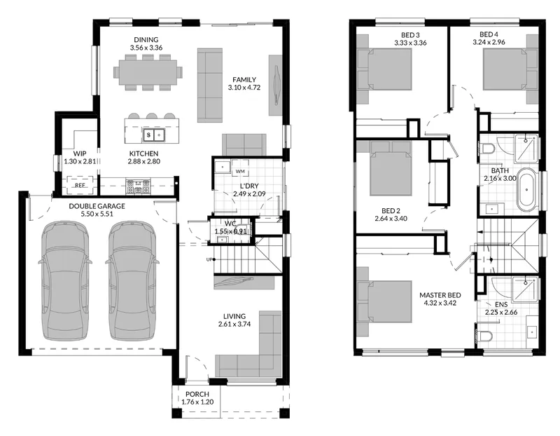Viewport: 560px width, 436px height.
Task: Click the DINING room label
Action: pyautogui.click(x=146, y=39)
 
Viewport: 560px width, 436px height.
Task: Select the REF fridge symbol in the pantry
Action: pyautogui.click(x=80, y=185)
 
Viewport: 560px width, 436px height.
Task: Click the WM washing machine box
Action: pyautogui.click(x=240, y=171)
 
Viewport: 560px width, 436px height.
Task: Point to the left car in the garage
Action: pyautogui.click(x=64, y=280)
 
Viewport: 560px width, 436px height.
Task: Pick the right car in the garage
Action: pyautogui.click(x=132, y=280)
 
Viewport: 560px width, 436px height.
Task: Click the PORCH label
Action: pyautogui.click(x=197, y=394)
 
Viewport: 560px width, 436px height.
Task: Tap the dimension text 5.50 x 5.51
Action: pyautogui.click(x=97, y=214)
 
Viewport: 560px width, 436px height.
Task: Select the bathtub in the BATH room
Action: pyautogui.click(x=528, y=189)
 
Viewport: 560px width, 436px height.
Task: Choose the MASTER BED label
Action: pyautogui.click(x=440, y=295)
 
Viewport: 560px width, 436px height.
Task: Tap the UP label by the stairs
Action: pyautogui.click(x=209, y=259)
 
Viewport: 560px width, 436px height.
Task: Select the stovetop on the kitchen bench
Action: pyautogui.click(x=138, y=186)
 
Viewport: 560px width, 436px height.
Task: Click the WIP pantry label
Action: pyautogui.click(x=79, y=154)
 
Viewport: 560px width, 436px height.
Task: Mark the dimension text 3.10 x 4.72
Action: pyautogui.click(x=244, y=88)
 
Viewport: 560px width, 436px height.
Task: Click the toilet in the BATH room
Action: pyautogui.click(x=486, y=148)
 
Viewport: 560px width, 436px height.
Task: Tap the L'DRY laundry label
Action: pyautogui.click(x=249, y=186)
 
